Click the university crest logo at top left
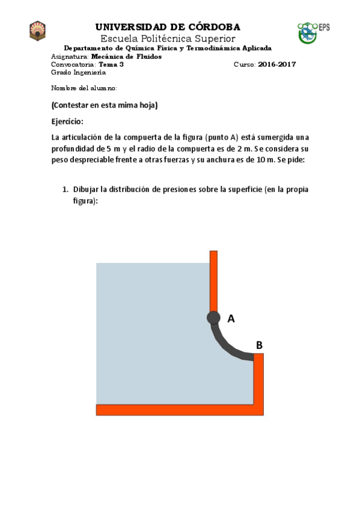[x=38, y=31]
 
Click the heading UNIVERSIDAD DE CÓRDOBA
[x=168, y=27]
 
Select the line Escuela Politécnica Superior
[x=168, y=38]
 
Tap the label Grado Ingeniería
[x=78, y=72]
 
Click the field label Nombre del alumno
[x=84, y=88]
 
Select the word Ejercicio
[x=67, y=121]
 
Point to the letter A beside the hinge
[x=231, y=319]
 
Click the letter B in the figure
[x=259, y=345]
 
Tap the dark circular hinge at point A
[x=213, y=318]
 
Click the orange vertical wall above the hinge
[x=213, y=280]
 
